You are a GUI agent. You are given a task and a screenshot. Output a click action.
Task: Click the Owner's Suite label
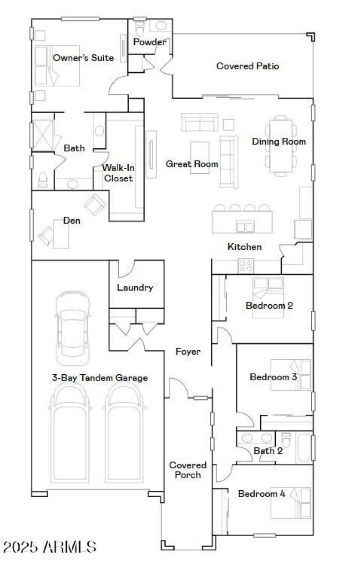coord(83,58)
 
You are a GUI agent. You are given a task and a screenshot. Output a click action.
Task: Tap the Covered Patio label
coord(248,66)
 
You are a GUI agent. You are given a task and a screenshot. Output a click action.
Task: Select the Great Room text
coord(192,164)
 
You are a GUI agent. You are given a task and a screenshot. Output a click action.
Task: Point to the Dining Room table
coord(280,145)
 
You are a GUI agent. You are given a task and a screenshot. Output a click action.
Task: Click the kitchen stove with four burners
coord(246,265)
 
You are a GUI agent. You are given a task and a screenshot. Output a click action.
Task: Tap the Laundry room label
coord(135,287)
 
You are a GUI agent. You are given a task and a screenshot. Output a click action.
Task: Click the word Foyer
coord(188,351)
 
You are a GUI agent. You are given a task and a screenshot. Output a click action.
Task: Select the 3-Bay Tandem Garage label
coord(100,377)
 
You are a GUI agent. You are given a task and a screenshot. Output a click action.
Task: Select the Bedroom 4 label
coord(262,494)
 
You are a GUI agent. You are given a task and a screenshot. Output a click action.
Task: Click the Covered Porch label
coord(188,470)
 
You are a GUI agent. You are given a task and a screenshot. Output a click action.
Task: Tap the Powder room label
coord(149,42)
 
